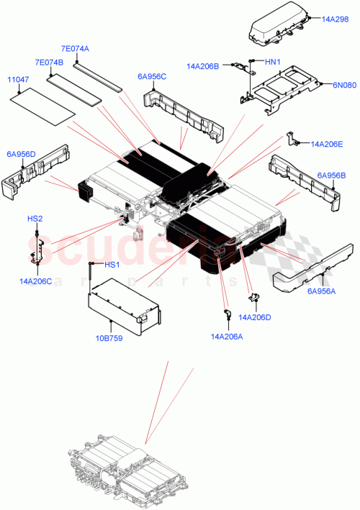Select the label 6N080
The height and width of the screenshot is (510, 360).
(x=343, y=84)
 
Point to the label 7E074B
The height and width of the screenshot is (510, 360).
(x=49, y=63)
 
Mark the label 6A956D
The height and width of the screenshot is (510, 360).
(x=21, y=153)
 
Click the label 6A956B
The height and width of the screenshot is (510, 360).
(x=331, y=175)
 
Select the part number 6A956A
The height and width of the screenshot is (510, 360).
(x=321, y=291)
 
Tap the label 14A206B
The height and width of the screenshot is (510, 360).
(x=202, y=66)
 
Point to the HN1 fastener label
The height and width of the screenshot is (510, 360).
(x=272, y=63)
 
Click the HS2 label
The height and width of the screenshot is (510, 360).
(x=35, y=218)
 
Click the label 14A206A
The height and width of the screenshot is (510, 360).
(x=226, y=336)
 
